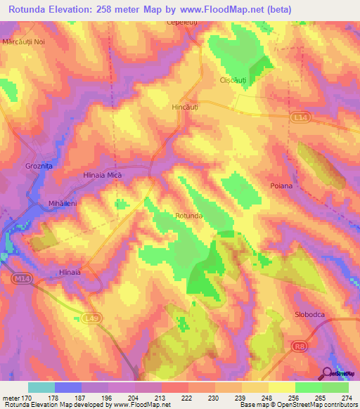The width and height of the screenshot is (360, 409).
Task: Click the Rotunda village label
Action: tap(189, 216)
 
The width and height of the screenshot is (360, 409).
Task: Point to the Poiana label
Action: tap(300, 186)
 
